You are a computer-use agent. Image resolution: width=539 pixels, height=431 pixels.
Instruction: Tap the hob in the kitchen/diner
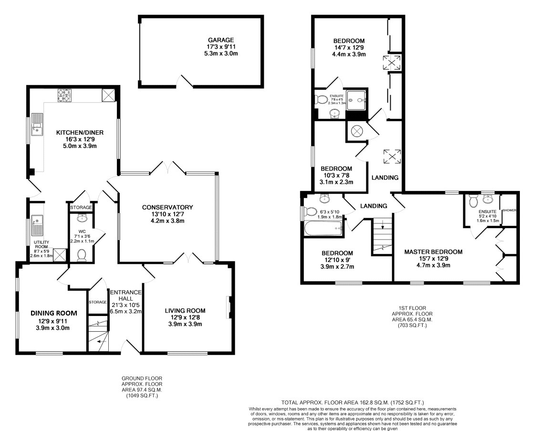click(x=63, y=95)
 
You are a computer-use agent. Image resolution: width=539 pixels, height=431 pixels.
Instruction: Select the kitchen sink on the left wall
click(x=37, y=124)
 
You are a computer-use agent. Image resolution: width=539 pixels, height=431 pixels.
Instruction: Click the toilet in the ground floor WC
click(x=82, y=255)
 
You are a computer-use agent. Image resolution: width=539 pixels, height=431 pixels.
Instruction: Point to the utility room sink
click(x=37, y=225)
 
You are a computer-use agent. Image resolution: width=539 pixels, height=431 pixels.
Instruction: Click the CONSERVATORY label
click(x=167, y=208)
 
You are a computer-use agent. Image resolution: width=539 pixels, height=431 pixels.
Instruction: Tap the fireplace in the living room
click(x=229, y=307)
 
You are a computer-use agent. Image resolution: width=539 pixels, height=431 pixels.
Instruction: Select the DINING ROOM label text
click(x=53, y=313)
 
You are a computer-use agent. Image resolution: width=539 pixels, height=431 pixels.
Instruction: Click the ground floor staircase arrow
click(x=99, y=342)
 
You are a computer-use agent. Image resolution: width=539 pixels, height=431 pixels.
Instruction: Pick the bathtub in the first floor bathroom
click(x=323, y=229)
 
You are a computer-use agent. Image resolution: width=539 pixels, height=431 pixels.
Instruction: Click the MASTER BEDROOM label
click(x=433, y=252)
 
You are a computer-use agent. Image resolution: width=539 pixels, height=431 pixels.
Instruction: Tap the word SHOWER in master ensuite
click(x=509, y=210)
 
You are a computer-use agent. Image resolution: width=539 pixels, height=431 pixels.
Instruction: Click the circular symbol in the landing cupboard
click(x=357, y=131)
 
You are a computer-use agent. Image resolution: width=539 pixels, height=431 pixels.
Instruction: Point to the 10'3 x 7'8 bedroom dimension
click(x=336, y=176)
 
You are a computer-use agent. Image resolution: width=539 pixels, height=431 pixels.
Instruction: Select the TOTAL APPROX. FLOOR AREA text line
click(x=352, y=402)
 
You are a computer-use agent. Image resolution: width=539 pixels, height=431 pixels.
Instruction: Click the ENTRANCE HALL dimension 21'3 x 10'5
click(x=125, y=305)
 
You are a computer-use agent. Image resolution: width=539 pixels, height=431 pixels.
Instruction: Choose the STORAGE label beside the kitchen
click(x=81, y=208)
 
